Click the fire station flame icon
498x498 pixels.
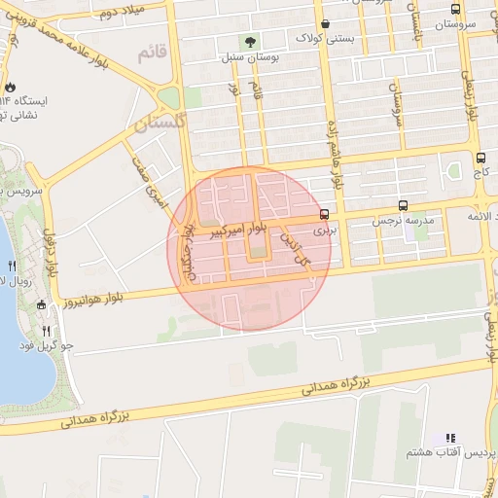pyautogui.click(x=10, y=88)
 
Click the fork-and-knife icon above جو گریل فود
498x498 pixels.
pyautogui.click(x=46, y=331)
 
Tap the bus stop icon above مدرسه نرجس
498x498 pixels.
pyautogui.click(x=404, y=206)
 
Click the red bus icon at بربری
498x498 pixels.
pyautogui.click(x=324, y=216)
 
